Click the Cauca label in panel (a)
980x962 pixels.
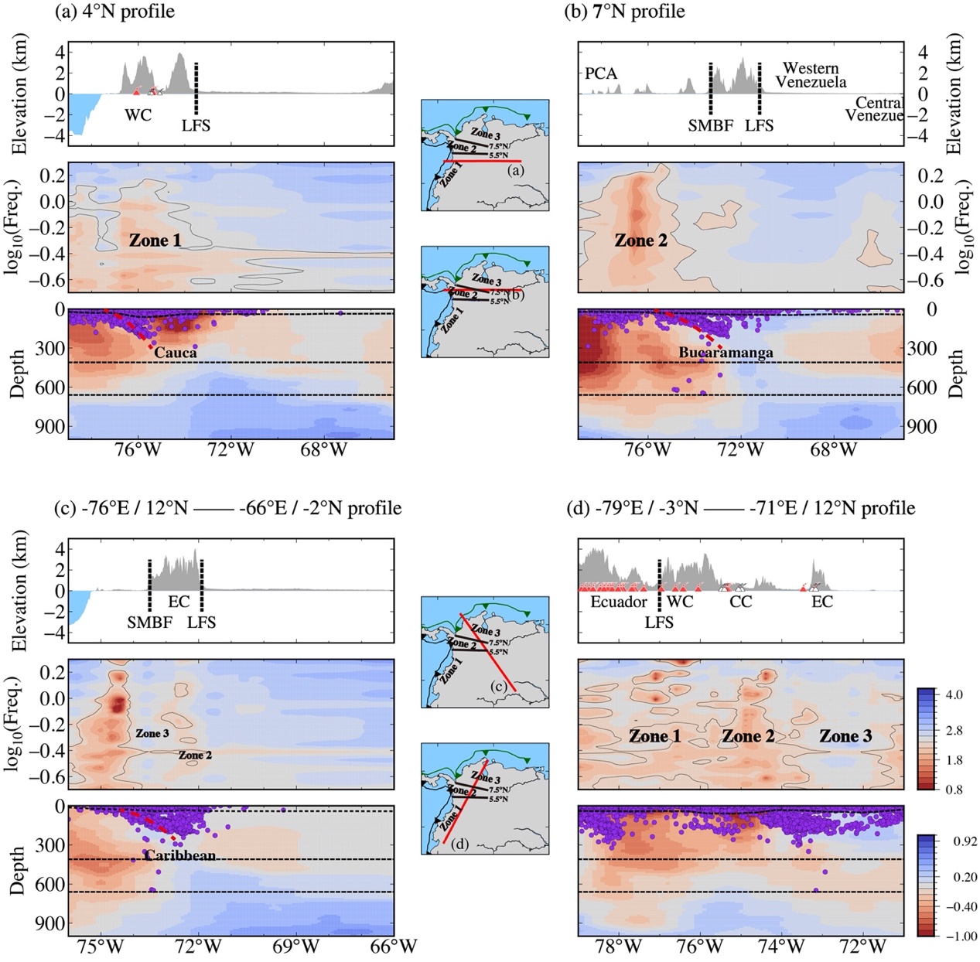coord(176,353)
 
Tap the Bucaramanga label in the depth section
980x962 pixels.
coord(726,353)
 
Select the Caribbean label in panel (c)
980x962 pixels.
coord(179,855)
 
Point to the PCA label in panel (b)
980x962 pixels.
coord(601,73)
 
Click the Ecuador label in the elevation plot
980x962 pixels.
coord(618,602)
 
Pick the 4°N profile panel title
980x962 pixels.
coord(115,12)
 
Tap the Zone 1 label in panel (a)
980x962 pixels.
coord(155,240)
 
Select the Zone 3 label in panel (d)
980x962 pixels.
coord(845,736)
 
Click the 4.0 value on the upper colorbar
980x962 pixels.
coord(954,694)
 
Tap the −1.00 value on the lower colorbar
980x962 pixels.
coord(959,936)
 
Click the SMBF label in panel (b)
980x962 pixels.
coord(710,125)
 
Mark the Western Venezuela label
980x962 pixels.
coord(811,75)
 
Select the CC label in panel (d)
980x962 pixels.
coord(740,602)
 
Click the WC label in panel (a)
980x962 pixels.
coord(138,115)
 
